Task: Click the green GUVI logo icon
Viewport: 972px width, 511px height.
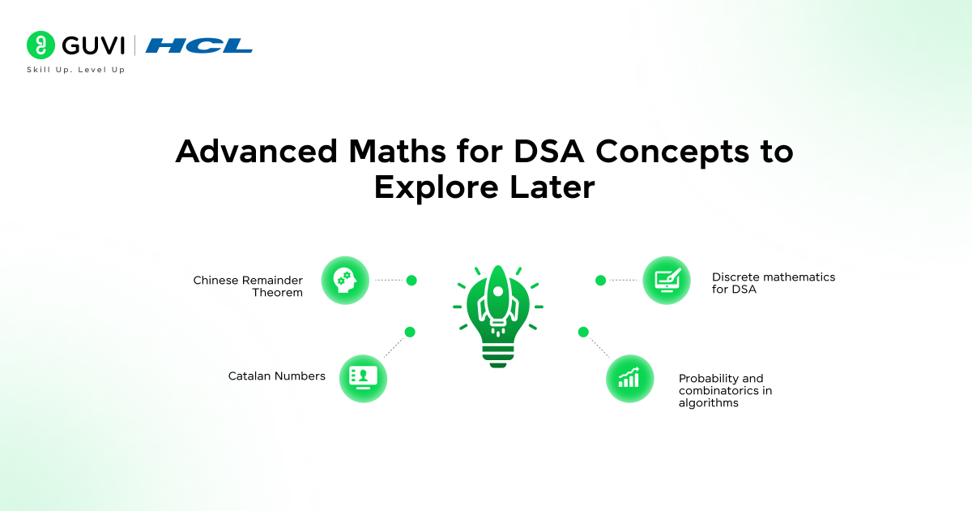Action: pyautogui.click(x=40, y=45)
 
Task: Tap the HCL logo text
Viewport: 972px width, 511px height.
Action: pyautogui.click(x=198, y=45)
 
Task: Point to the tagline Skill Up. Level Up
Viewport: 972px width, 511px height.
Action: pyautogui.click(x=76, y=70)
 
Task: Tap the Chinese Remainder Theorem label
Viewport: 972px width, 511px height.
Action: pyautogui.click(x=248, y=286)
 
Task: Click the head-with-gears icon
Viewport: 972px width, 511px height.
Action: pyautogui.click(x=345, y=281)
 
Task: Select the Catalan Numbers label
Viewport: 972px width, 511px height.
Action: pyautogui.click(x=276, y=376)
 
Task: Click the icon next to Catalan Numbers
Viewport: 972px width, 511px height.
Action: pyautogui.click(x=363, y=378)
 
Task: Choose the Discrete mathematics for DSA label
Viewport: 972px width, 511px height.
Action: pyautogui.click(x=773, y=283)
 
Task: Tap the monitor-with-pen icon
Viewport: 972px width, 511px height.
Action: pyautogui.click(x=667, y=281)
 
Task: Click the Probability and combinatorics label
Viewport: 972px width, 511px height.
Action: pyautogui.click(x=725, y=390)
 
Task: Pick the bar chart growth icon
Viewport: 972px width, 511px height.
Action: pyautogui.click(x=629, y=378)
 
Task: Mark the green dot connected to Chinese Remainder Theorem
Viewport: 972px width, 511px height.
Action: pyautogui.click(x=411, y=281)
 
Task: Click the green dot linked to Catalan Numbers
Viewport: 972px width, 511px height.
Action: pyautogui.click(x=410, y=332)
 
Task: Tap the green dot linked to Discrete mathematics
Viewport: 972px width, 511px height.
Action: pyautogui.click(x=600, y=281)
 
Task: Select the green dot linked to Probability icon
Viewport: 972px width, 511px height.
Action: pyautogui.click(x=583, y=332)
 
